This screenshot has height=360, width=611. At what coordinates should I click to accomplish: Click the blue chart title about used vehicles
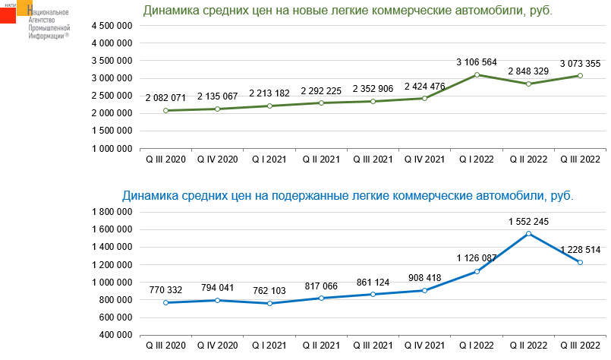pos(348,196)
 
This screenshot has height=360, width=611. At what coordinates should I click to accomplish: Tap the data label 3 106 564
pos(477,62)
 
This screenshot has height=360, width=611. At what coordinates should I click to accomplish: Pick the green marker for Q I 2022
pos(477,74)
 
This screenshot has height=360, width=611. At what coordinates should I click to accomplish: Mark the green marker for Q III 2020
pos(165,111)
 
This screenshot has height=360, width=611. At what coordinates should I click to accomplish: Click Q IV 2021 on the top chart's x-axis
pos(425,159)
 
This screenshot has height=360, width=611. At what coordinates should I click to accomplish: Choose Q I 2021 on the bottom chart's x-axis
pos(269,346)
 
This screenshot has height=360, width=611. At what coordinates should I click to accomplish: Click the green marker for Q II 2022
pos(529,84)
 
